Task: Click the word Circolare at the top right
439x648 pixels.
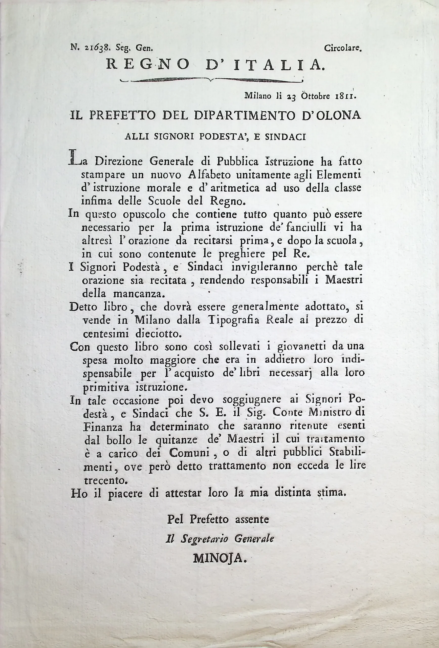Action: tap(342, 49)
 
